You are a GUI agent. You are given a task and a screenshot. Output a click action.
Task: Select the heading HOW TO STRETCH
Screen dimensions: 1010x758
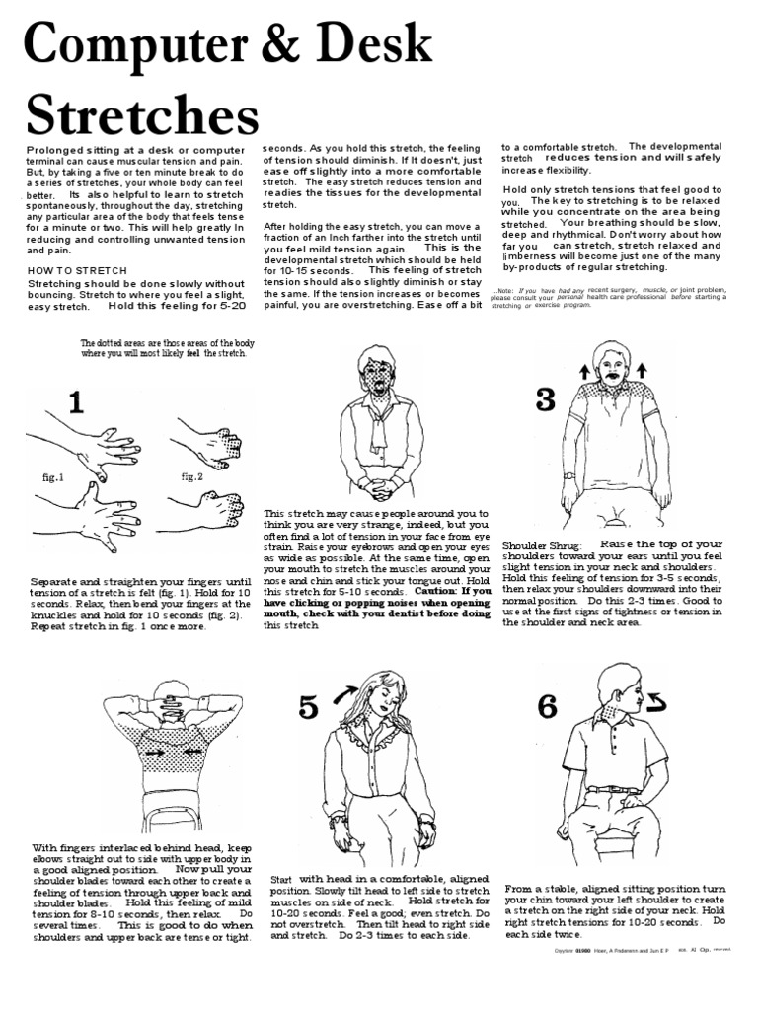tap(71, 269)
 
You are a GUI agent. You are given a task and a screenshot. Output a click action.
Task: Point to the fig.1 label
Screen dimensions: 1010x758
tap(52, 477)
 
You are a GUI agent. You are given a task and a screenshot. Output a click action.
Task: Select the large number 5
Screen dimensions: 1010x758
tap(308, 707)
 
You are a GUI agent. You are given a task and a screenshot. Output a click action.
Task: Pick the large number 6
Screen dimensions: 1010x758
tap(548, 707)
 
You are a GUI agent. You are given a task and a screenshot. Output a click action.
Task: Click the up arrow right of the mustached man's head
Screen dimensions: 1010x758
tap(642, 370)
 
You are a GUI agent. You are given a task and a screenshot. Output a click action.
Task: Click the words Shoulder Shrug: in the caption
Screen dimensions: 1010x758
tap(542, 545)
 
